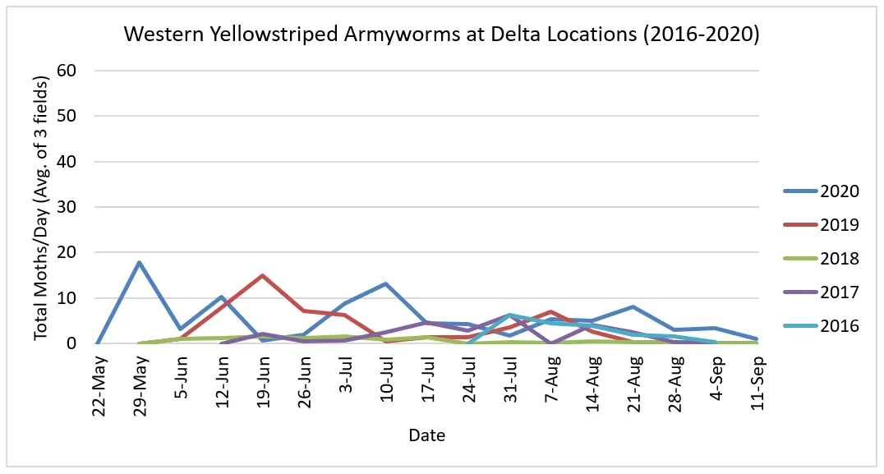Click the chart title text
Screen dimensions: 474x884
click(441, 35)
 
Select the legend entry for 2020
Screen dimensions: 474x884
click(838, 191)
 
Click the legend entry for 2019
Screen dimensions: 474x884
click(838, 225)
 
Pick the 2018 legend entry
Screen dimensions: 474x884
click(838, 259)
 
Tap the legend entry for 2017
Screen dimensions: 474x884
click(838, 292)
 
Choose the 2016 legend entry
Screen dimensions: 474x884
click(838, 326)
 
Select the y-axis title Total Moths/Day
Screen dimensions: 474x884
click(41, 205)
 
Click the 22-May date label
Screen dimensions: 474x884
click(99, 380)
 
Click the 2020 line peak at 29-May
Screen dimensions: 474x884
click(140, 263)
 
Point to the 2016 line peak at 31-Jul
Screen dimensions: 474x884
click(510, 315)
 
